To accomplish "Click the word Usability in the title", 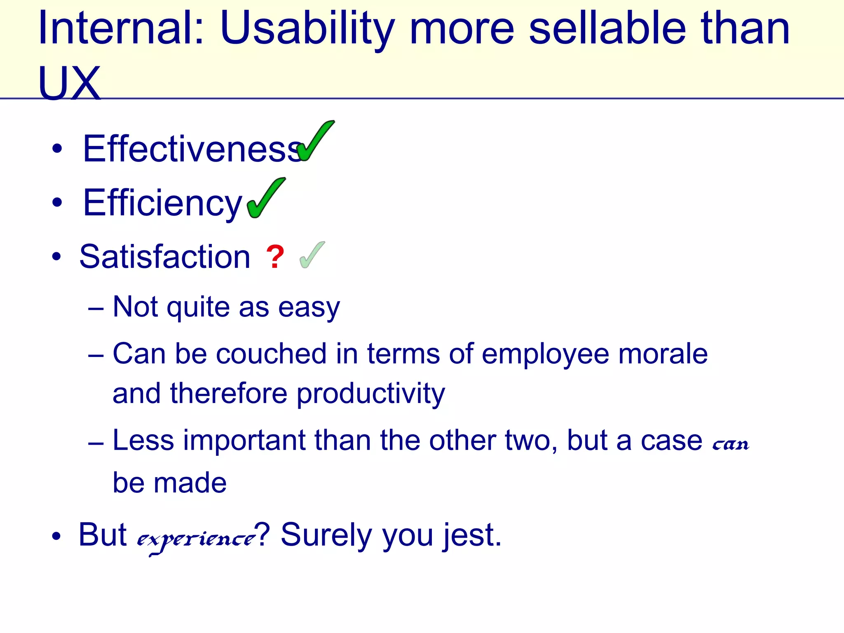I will click(x=307, y=29).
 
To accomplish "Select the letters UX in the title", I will click(x=69, y=84).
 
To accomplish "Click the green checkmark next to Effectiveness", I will click(x=315, y=141).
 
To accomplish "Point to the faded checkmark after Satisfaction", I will click(x=312, y=255).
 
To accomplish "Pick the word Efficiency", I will click(x=162, y=203).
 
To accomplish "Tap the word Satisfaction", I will click(x=165, y=257).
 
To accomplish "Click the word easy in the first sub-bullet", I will click(x=309, y=307).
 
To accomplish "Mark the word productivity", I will click(x=370, y=394).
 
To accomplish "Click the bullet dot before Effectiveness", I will click(x=57, y=149).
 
